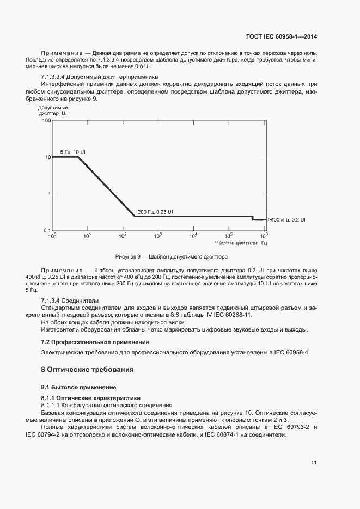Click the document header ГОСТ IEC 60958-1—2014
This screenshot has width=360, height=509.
click(x=282, y=37)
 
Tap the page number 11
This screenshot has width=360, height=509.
click(x=314, y=463)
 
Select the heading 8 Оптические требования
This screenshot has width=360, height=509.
click(x=87, y=370)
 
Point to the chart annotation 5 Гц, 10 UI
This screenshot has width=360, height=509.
click(x=72, y=151)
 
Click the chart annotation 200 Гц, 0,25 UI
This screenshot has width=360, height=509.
click(x=155, y=212)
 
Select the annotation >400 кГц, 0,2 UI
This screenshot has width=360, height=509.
click(x=286, y=219)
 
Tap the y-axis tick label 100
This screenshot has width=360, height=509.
click(x=46, y=121)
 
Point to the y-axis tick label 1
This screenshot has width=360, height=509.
click(x=48, y=194)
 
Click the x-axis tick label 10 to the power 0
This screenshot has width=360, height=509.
click(x=52, y=236)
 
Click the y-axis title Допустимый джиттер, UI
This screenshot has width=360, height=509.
click(x=53, y=112)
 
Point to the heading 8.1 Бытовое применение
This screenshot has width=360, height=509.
click(x=78, y=387)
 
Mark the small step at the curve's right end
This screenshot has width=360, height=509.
click(x=253, y=218)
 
